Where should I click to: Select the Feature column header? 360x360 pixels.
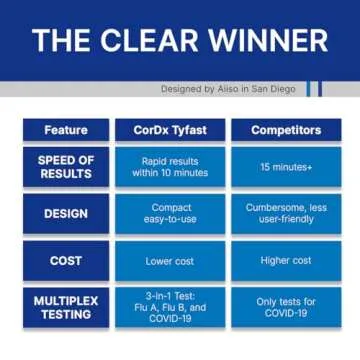click(x=65, y=130)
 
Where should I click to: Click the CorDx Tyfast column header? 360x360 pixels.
click(x=169, y=130)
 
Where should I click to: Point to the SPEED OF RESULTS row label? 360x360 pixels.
click(x=65, y=167)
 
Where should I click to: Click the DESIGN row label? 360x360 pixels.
click(x=65, y=213)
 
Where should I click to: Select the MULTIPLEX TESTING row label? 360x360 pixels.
click(x=65, y=306)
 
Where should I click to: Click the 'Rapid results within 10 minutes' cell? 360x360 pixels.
click(x=169, y=167)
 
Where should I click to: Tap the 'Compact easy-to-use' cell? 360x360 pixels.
click(x=169, y=213)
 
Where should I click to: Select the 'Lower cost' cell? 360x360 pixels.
click(x=169, y=260)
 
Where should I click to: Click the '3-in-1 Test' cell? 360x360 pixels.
click(x=169, y=306)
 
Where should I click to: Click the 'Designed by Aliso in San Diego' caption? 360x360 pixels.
click(x=228, y=89)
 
